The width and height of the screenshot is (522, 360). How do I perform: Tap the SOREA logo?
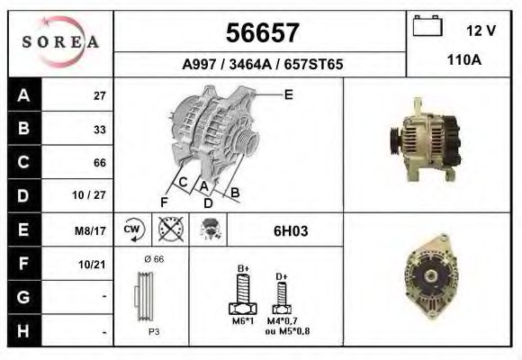point(61,42)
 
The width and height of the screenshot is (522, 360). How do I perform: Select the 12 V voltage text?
point(481,30)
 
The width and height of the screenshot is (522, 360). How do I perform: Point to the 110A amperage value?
point(465,60)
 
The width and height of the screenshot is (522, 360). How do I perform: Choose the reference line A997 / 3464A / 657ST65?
point(261,65)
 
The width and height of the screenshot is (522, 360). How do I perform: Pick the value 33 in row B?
point(99,130)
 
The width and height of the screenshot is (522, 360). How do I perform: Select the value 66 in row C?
point(99,163)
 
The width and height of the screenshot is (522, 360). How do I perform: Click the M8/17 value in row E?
point(93,230)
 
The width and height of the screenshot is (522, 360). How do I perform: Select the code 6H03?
point(291,230)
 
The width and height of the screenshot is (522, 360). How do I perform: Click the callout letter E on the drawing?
point(288,94)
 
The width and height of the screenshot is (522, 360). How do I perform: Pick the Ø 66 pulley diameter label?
point(153,259)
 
